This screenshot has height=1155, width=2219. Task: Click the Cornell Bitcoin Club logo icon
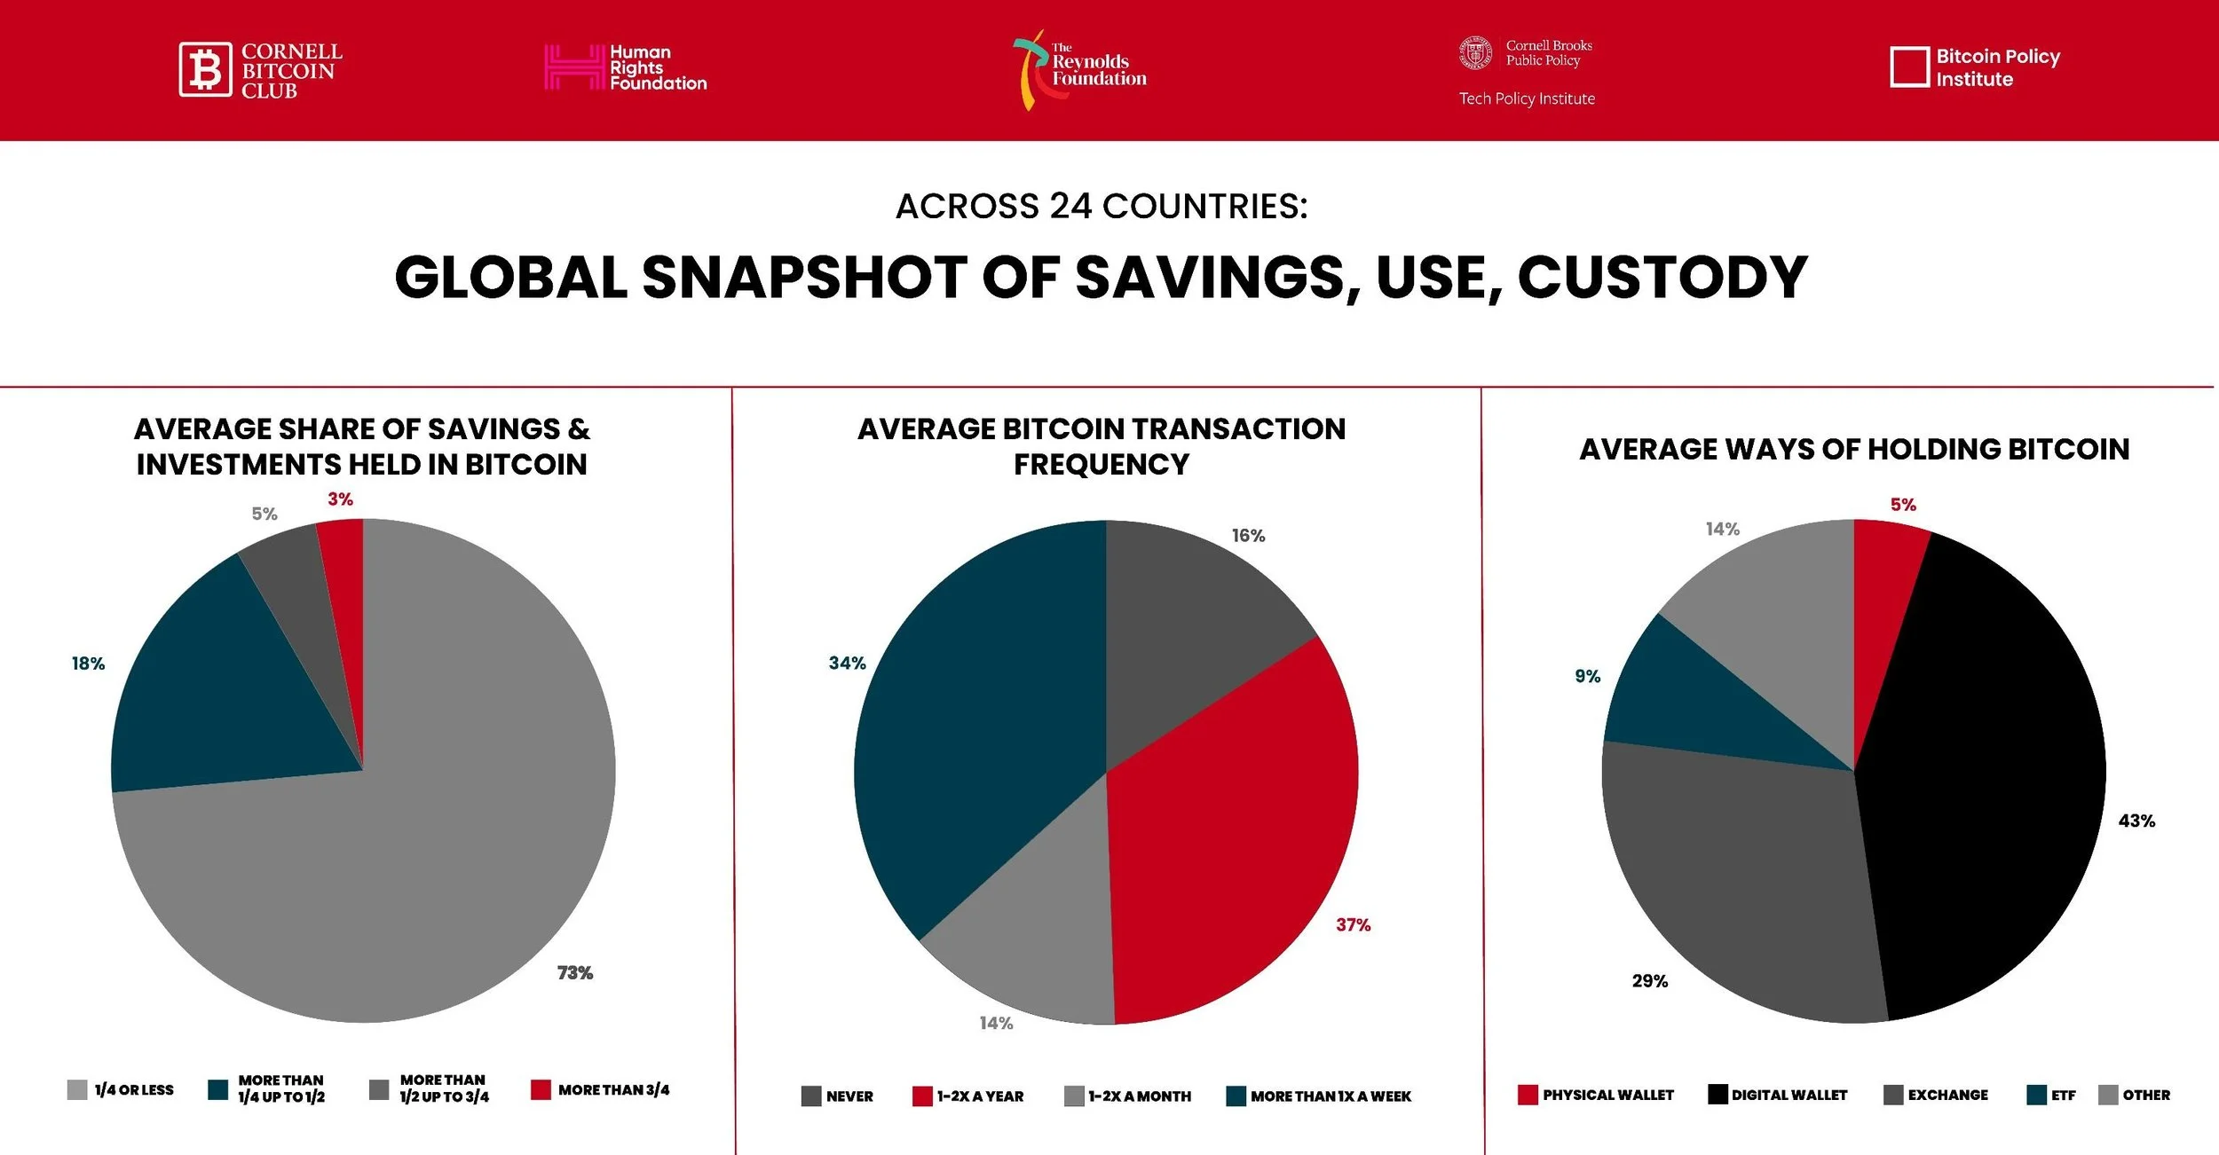[205, 69]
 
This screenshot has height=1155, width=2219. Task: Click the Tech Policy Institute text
[1527, 98]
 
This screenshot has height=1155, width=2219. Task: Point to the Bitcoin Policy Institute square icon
[1909, 67]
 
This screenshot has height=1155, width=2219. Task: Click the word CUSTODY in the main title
[1662, 278]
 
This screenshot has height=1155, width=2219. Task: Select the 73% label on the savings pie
[574, 973]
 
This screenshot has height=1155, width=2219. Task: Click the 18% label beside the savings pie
[88, 664]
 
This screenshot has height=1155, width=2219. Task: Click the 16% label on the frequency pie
[1248, 536]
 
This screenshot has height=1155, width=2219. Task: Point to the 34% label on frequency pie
[847, 664]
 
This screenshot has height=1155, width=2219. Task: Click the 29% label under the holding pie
[1649, 981]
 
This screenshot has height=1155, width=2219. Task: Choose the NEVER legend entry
[837, 1096]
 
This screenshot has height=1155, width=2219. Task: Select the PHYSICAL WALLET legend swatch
[1528, 1095]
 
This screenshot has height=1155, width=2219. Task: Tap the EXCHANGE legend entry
[1936, 1095]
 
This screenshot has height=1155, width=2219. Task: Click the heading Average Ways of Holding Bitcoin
[1854, 449]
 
